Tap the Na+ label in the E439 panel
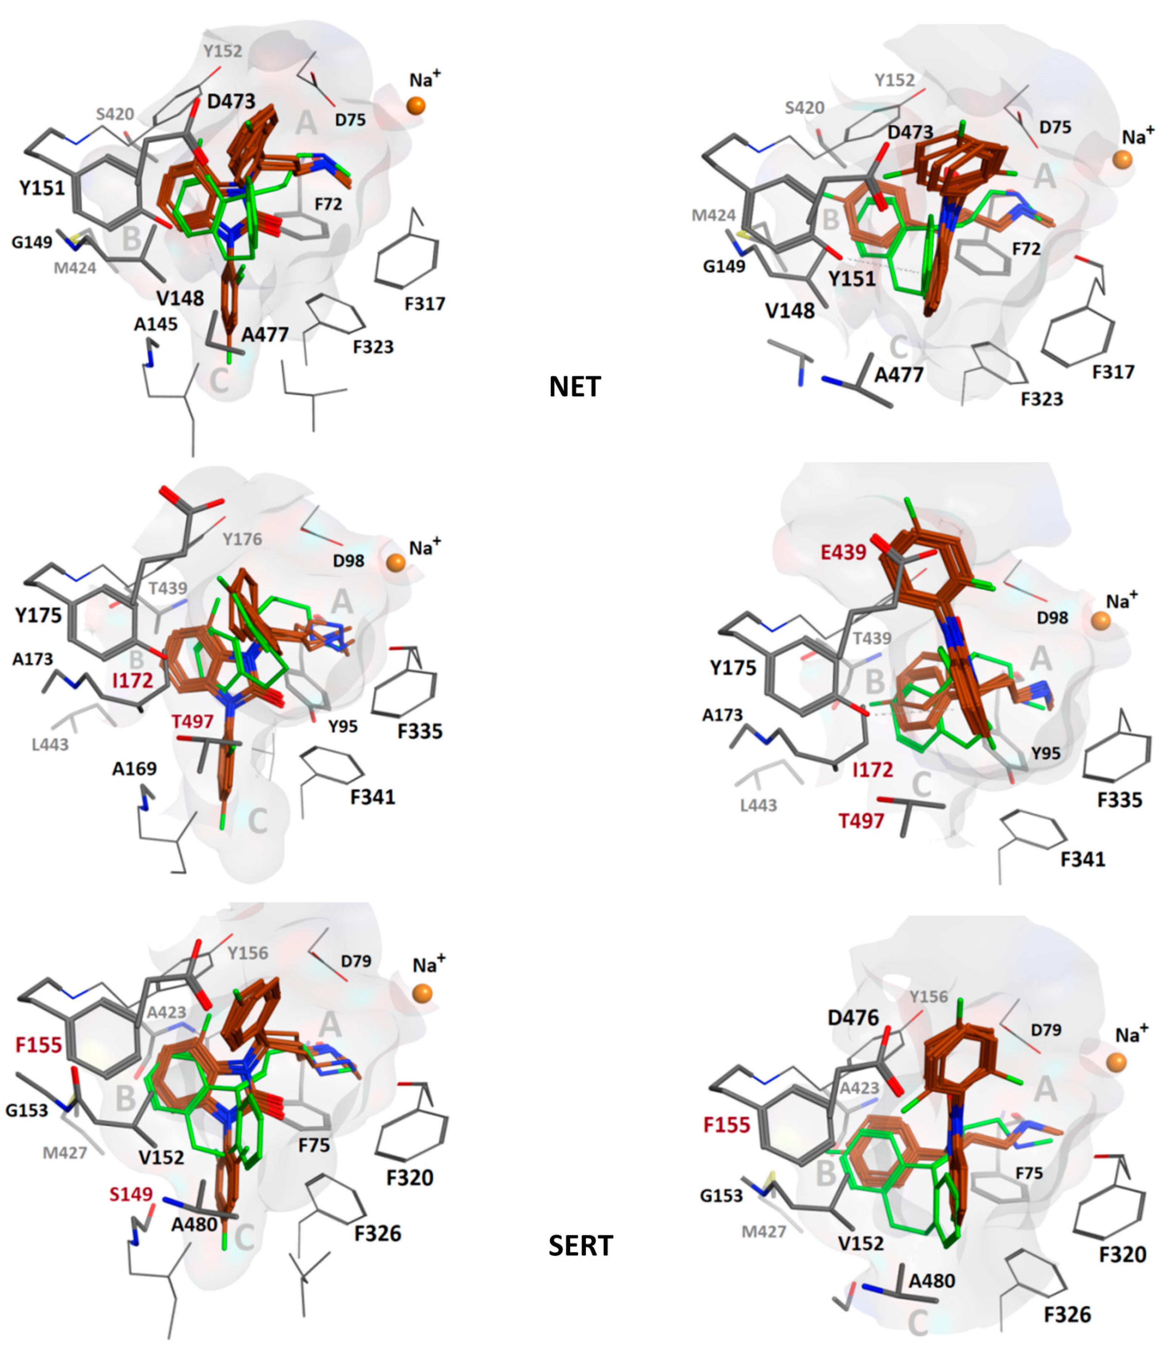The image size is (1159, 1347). pos(1122,601)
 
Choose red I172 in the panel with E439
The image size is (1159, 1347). pos(873,770)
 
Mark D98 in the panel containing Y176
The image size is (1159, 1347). pos(348,560)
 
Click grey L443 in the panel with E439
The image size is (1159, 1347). pos(758,806)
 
